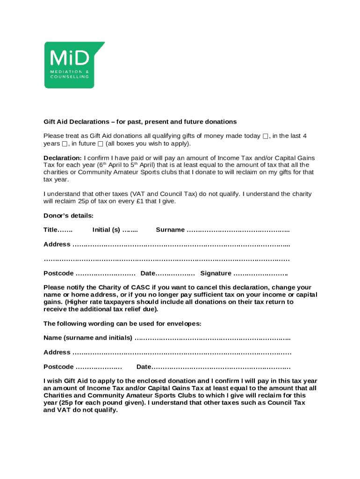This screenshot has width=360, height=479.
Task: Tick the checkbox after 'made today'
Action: tap(265, 136)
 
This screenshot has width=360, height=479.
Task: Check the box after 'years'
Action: tap(65, 144)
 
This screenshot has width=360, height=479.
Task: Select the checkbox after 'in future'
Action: tap(100, 144)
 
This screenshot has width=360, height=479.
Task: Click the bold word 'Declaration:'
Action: tap(63, 158)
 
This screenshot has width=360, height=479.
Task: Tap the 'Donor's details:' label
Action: tap(68, 216)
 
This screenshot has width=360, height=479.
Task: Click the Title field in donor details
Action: tap(65, 230)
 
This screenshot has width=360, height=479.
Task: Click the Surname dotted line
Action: tap(238, 230)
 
